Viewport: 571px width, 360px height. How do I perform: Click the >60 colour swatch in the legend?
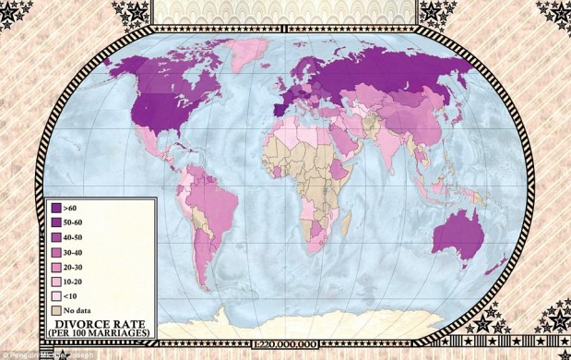pos(56,209)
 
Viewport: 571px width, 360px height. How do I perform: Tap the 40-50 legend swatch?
pos(56,237)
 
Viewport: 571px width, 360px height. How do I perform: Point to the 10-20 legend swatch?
pos(56,280)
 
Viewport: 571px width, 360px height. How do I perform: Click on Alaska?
pos(120,65)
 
